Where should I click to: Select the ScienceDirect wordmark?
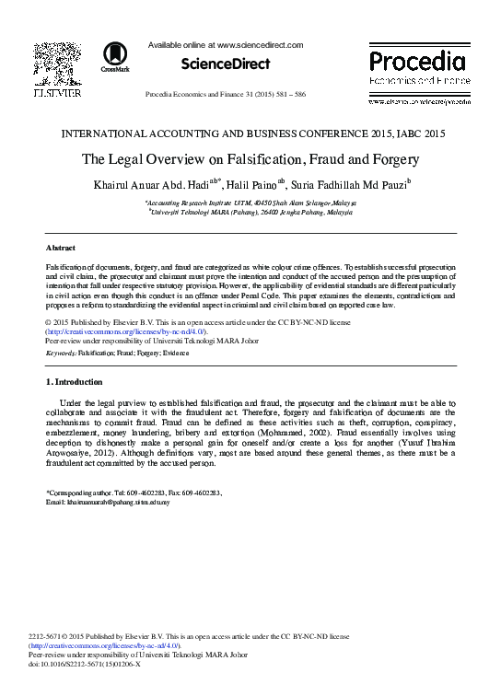coord(226,64)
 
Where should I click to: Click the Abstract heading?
coord(61,249)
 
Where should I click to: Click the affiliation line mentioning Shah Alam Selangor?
coord(250,202)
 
